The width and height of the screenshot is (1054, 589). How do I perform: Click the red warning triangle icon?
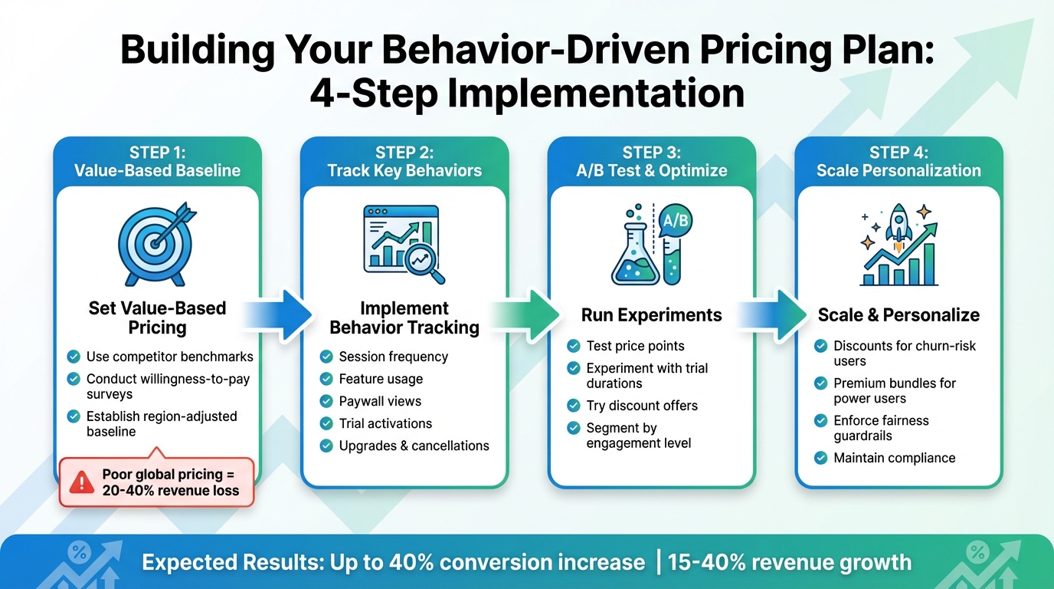point(82,482)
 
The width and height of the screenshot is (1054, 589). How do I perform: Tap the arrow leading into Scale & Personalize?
point(774,314)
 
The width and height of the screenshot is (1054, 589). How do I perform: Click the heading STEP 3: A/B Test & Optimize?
point(651,162)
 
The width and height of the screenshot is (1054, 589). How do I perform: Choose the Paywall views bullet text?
point(380,401)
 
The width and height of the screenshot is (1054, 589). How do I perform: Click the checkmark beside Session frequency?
point(326,357)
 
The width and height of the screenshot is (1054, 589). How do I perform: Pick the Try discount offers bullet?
point(642,406)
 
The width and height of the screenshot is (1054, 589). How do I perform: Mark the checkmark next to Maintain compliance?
point(820,458)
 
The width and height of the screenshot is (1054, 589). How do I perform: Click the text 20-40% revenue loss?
point(170,491)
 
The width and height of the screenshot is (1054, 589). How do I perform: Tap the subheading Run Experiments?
point(651,315)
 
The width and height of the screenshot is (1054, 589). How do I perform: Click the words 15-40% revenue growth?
point(789,563)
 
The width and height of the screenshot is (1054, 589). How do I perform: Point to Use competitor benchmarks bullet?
point(169,357)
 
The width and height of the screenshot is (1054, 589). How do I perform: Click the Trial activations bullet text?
point(385,423)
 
